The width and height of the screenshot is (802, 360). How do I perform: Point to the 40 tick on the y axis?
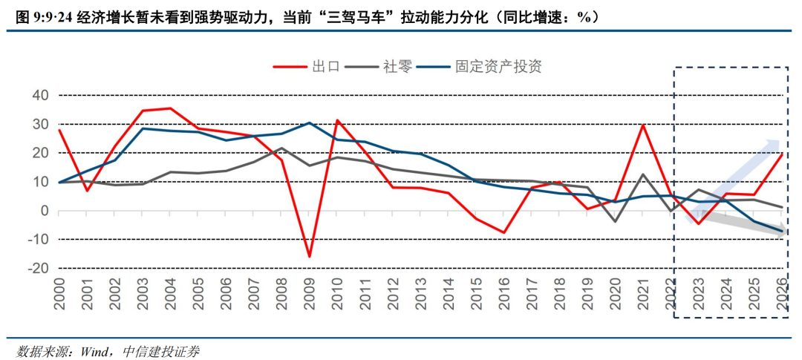[42, 96]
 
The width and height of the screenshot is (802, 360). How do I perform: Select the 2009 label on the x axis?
[310, 293]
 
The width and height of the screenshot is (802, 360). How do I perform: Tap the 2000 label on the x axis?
[59, 293]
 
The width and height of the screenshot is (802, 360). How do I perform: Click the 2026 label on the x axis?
[782, 293]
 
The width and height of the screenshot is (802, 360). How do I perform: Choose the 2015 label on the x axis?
[476, 293]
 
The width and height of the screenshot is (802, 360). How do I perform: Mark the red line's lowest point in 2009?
[310, 256]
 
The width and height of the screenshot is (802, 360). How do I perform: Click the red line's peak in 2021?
[643, 124]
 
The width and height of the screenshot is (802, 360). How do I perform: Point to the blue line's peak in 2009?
[310, 122]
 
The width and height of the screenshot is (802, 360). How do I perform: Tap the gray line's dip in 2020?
[616, 221]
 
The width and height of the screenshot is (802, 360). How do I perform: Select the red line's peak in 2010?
[337, 120]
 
